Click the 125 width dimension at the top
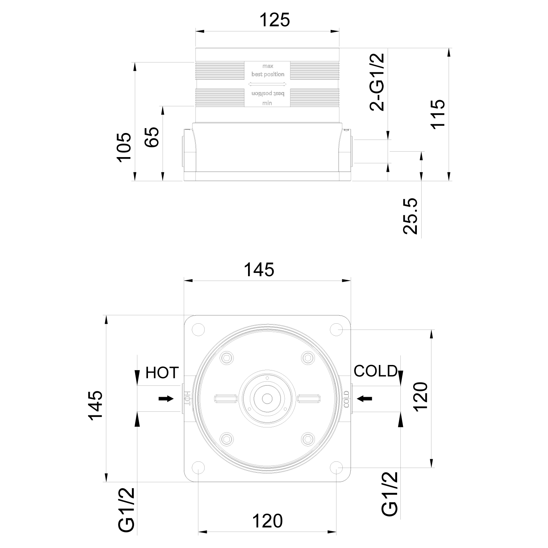click(x=274, y=20)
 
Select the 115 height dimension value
click(x=437, y=113)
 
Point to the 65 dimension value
click(x=152, y=137)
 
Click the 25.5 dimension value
click(x=410, y=216)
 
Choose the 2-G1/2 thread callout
click(x=377, y=82)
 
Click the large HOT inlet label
click(x=162, y=373)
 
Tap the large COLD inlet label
click(x=375, y=371)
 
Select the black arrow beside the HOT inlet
click(x=166, y=399)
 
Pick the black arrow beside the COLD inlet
click(x=365, y=398)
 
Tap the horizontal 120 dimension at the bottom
click(x=267, y=521)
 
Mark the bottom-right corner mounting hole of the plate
click(x=336, y=468)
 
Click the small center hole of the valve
click(x=267, y=398)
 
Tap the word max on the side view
click(x=267, y=66)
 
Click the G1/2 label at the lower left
click(x=127, y=510)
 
